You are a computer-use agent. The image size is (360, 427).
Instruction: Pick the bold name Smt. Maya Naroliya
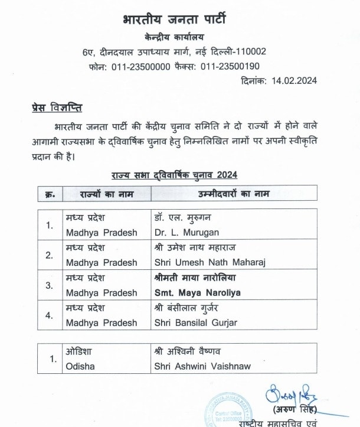(198, 292)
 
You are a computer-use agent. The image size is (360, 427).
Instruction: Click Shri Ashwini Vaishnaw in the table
(201, 366)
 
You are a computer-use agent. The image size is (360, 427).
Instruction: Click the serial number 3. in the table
(50, 285)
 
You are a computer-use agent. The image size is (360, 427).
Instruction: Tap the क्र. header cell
(50, 193)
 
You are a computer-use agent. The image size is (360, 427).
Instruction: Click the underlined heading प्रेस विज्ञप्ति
(57, 108)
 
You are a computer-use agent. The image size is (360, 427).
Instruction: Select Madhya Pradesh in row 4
(102, 323)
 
